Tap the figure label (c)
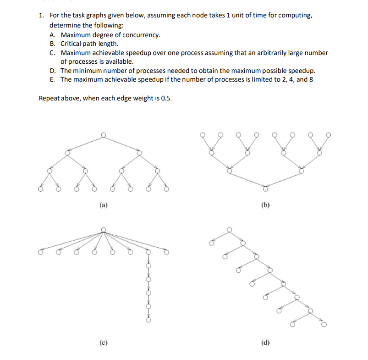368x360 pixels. (x=103, y=342)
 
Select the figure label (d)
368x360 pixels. (x=264, y=342)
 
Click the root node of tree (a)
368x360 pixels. (x=104, y=134)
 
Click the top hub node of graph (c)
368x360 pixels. (x=104, y=229)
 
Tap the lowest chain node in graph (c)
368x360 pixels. (x=148, y=320)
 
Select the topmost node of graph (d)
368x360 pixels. (x=230, y=229)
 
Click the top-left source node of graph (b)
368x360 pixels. (x=202, y=135)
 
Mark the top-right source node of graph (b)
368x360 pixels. (x=328, y=135)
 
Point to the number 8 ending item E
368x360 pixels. (x=311, y=79)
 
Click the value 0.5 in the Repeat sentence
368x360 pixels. (x=166, y=98)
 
